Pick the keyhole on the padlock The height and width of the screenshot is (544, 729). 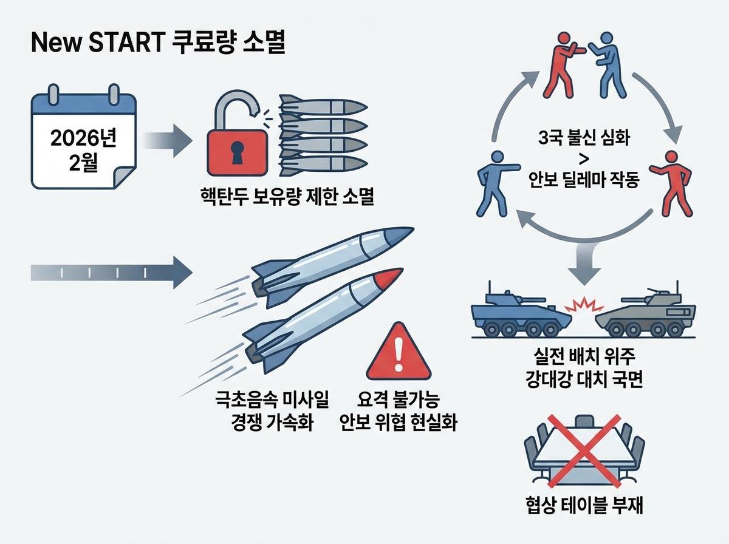tap(234, 151)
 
